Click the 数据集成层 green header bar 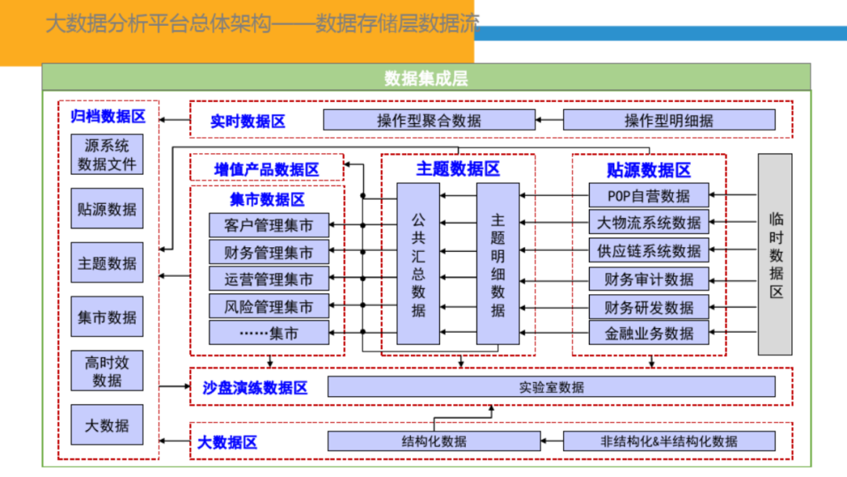(x=426, y=77)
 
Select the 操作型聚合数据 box (x=429, y=120)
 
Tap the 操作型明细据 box (x=669, y=120)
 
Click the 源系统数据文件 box (x=107, y=155)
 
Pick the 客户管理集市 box (x=268, y=225)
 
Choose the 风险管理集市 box (x=268, y=306)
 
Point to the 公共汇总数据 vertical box (x=418, y=264)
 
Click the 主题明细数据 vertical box (x=497, y=264)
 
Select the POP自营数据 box (x=649, y=195)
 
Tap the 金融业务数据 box (x=649, y=333)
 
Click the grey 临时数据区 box (x=775, y=254)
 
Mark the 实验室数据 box (x=551, y=387)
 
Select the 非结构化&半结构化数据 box (x=669, y=441)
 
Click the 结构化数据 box (x=434, y=441)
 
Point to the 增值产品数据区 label (x=267, y=169)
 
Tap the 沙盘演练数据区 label (x=255, y=388)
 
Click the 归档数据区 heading (x=108, y=116)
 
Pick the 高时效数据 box (x=107, y=370)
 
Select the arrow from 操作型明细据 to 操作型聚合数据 (x=549, y=120)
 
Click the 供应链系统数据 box (x=649, y=250)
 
